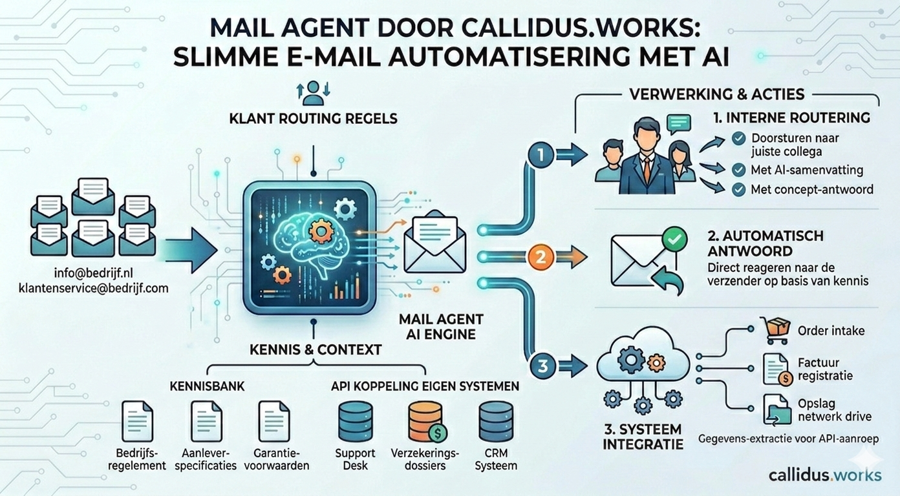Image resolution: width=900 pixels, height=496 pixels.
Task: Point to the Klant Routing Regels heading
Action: (312, 119)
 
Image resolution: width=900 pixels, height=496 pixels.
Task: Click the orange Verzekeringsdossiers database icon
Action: (426, 421)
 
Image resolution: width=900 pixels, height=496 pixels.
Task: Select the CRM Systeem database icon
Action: (496, 421)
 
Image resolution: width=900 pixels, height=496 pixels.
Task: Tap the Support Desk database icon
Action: (356, 421)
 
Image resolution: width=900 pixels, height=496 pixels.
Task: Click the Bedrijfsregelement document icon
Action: (137, 421)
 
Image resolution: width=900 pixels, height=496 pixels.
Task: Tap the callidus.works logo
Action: (824, 475)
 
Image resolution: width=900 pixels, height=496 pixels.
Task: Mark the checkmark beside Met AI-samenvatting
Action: (738, 170)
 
